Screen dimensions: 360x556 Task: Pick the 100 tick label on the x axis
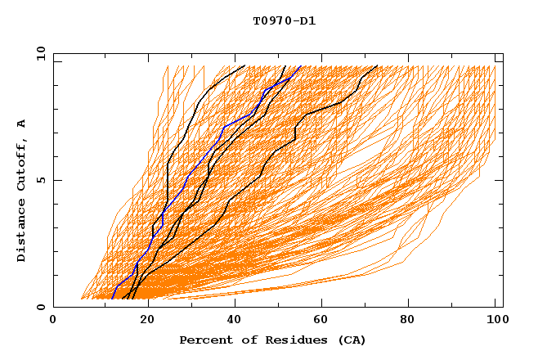(495, 320)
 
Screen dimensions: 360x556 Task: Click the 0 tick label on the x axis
(54, 320)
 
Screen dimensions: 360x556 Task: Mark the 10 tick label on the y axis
(39, 53)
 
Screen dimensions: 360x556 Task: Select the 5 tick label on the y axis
(39, 180)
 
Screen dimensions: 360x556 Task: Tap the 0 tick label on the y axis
(39, 307)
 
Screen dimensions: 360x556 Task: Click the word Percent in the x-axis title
(205, 340)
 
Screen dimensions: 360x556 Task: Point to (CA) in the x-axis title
(349, 340)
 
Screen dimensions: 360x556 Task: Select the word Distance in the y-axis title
(22, 232)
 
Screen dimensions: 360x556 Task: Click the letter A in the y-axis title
(22, 123)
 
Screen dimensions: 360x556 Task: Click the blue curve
(223, 128)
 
